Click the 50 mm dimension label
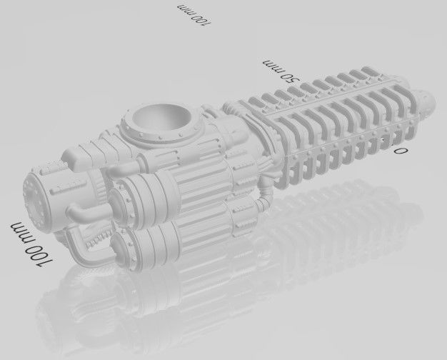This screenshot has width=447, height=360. point(281,71)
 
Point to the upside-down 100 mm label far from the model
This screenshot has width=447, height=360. point(194,14)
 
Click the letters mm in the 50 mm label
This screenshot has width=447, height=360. point(273,65)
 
